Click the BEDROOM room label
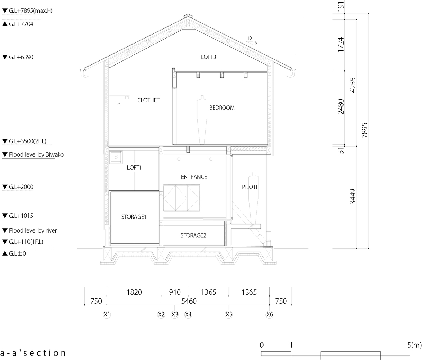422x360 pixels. click(x=222, y=108)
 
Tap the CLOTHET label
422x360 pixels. click(x=148, y=100)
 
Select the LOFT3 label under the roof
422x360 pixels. click(x=208, y=57)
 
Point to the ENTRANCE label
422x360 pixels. click(x=194, y=177)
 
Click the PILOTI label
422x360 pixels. click(x=250, y=187)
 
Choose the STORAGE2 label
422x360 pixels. click(x=193, y=235)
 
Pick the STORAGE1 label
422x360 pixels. click(x=134, y=217)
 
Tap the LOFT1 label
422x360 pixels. click(x=134, y=167)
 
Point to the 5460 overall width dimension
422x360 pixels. click(x=189, y=301)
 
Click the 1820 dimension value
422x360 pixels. click(x=134, y=292)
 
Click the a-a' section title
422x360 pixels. click(x=33, y=353)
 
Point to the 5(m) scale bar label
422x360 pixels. click(x=414, y=345)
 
